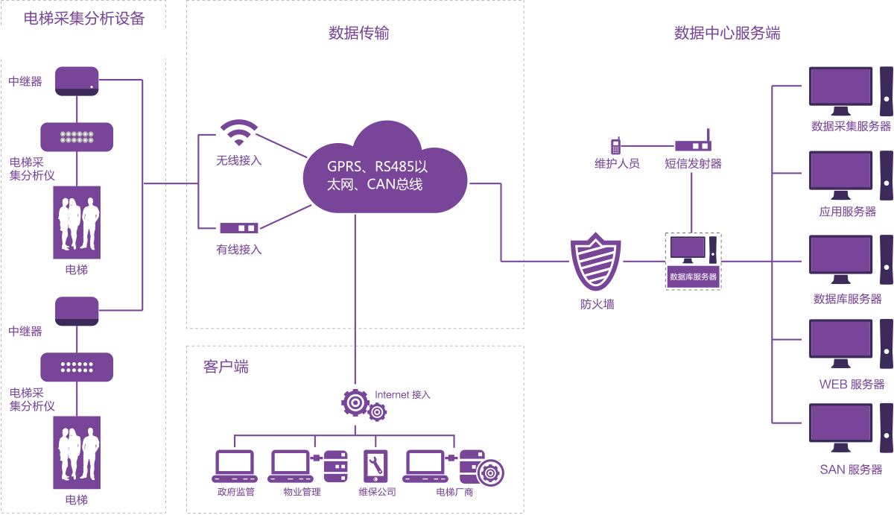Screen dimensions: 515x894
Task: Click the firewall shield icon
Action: click(x=595, y=262)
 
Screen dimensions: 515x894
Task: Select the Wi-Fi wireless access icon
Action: click(x=238, y=134)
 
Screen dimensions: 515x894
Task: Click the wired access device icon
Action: click(x=238, y=228)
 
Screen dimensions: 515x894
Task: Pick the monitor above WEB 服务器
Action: click(x=840, y=344)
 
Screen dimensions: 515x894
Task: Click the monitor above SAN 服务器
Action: click(x=840, y=429)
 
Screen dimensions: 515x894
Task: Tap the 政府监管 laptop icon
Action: click(x=235, y=467)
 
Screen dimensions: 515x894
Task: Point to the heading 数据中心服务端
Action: click(x=727, y=33)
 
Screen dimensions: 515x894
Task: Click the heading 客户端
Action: click(x=226, y=366)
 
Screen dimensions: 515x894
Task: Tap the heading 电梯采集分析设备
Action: click(x=84, y=19)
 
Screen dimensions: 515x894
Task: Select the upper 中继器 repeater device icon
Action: click(x=77, y=80)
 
